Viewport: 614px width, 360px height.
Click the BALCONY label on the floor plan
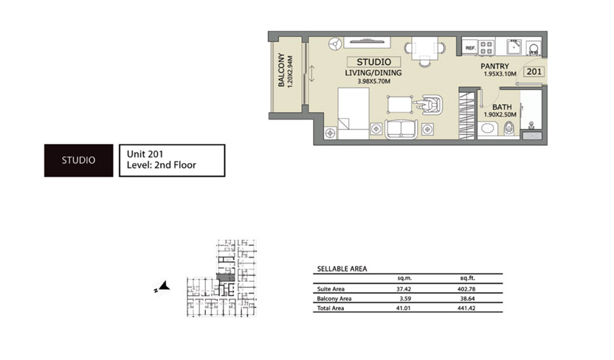tap(281, 72)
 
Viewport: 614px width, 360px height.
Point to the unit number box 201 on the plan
tap(534, 72)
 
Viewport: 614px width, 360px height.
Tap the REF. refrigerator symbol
tap(469, 49)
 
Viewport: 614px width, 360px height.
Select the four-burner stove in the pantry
tap(487, 47)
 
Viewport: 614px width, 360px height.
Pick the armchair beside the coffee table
tap(426, 106)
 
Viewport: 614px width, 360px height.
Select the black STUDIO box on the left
tap(77, 159)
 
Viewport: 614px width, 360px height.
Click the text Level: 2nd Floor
tap(161, 166)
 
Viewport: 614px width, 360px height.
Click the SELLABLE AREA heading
tap(342, 269)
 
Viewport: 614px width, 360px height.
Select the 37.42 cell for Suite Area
tap(403, 289)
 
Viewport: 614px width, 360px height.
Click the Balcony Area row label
tap(334, 299)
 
